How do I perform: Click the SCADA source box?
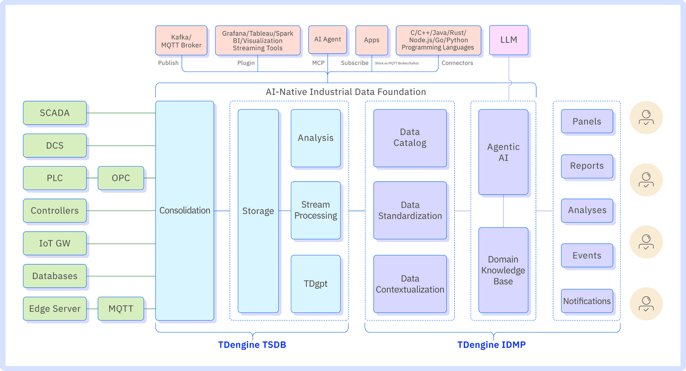[x=55, y=113]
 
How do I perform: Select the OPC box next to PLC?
[x=121, y=178]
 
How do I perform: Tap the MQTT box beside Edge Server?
[x=121, y=309]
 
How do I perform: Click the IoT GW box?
[x=55, y=243]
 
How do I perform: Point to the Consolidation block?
[x=185, y=211]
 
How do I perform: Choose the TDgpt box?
[x=315, y=284]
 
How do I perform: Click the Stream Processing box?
[x=315, y=210]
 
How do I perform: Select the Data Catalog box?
[x=410, y=138]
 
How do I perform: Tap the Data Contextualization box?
[x=410, y=284]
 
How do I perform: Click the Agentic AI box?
[x=503, y=152]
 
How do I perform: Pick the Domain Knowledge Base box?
[x=503, y=270]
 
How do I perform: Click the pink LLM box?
[x=508, y=40]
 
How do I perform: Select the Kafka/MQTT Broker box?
[x=181, y=41]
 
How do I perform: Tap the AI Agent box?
[x=327, y=40]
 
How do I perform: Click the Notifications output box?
[x=587, y=301]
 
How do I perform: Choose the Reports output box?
[x=587, y=166]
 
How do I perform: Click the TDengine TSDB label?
[x=252, y=345]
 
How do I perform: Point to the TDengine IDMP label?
[x=491, y=345]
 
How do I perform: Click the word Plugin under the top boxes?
[x=246, y=63]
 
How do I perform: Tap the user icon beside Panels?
[x=646, y=118]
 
